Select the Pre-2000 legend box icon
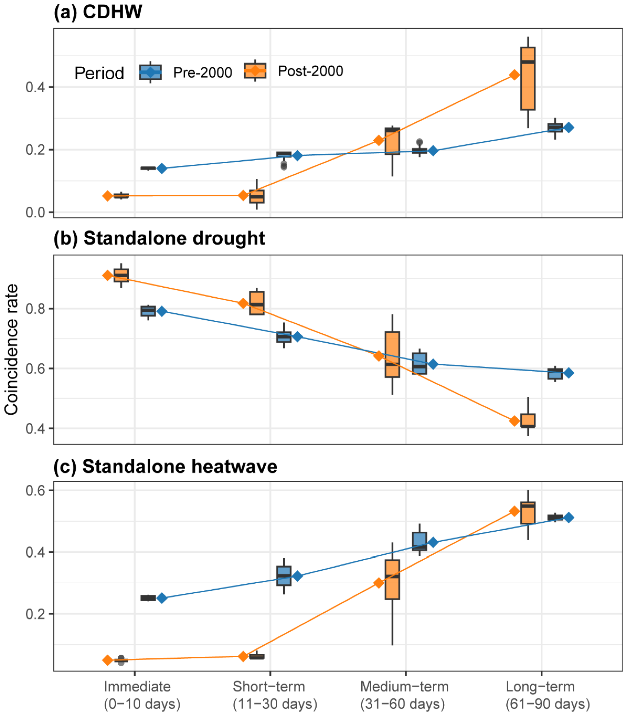[150, 72]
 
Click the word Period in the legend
[99, 73]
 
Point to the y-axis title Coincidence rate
[11, 350]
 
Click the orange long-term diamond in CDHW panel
[514, 75]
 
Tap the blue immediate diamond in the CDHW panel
[161, 169]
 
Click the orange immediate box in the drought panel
[121, 275]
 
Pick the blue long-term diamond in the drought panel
[569, 373]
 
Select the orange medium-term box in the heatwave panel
[392, 580]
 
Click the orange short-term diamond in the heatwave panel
[243, 657]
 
